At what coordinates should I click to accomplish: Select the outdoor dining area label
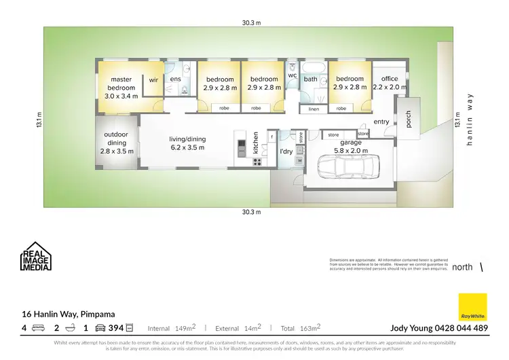pyautogui.click(x=115, y=139)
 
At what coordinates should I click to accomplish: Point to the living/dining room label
pyautogui.click(x=187, y=143)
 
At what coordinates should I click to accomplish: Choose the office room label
pyautogui.click(x=390, y=83)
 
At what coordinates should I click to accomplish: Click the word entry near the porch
pyautogui.click(x=381, y=122)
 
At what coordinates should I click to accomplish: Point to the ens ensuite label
pyautogui.click(x=175, y=79)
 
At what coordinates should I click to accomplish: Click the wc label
pyautogui.click(x=292, y=75)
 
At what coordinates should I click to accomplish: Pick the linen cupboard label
pyautogui.click(x=313, y=109)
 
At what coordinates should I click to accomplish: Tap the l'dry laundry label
pyautogui.click(x=286, y=151)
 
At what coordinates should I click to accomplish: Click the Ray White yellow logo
pyautogui.click(x=472, y=307)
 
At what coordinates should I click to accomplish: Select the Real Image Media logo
pyautogui.click(x=35, y=257)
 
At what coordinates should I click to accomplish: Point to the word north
pyautogui.click(x=462, y=267)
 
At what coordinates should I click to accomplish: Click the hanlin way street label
pyautogui.click(x=469, y=121)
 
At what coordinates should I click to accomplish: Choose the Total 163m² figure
pyautogui.click(x=302, y=328)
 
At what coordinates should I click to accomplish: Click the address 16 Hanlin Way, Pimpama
pyautogui.click(x=68, y=314)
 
